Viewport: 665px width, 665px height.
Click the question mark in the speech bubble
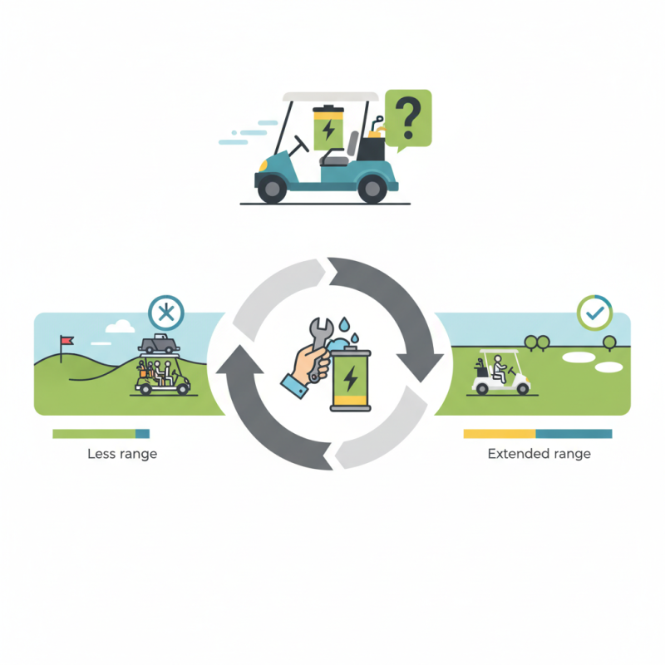408,117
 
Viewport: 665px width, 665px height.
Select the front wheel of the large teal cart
272,189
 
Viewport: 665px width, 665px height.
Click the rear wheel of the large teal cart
372,190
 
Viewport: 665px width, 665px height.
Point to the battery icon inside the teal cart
328,128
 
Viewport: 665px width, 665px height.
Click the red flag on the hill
67,340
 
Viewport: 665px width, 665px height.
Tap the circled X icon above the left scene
166,313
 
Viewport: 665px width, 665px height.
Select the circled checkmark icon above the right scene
594,313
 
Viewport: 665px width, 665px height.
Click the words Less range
122,454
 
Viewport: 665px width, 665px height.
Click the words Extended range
539,454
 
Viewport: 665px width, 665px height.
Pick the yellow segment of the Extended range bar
500,433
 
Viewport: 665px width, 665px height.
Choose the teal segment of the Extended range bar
574,433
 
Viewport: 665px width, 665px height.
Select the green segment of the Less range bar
94,433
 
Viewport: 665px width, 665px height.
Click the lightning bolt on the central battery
350,378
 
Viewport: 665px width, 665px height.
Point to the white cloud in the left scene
120,326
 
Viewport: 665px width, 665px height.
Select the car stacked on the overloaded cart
158,344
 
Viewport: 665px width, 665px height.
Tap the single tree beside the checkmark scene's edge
609,342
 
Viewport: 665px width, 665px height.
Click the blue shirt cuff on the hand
294,387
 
